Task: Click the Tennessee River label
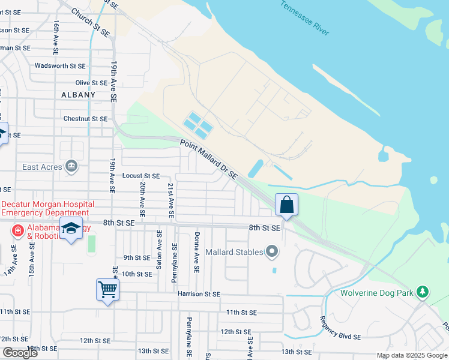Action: [x=304, y=18]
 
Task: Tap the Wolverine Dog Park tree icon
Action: [x=424, y=292]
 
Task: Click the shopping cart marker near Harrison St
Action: [x=108, y=290]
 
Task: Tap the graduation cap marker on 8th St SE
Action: [x=71, y=228]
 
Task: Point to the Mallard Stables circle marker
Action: [x=273, y=252]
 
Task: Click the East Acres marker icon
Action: [x=71, y=166]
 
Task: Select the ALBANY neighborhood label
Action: [x=78, y=95]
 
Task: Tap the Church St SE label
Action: [x=90, y=22]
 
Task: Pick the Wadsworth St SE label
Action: [x=60, y=65]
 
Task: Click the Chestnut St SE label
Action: [x=85, y=119]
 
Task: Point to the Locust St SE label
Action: [x=141, y=176]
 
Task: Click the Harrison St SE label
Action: [x=199, y=294]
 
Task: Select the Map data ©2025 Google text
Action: [x=411, y=355]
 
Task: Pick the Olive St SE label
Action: [x=91, y=83]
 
